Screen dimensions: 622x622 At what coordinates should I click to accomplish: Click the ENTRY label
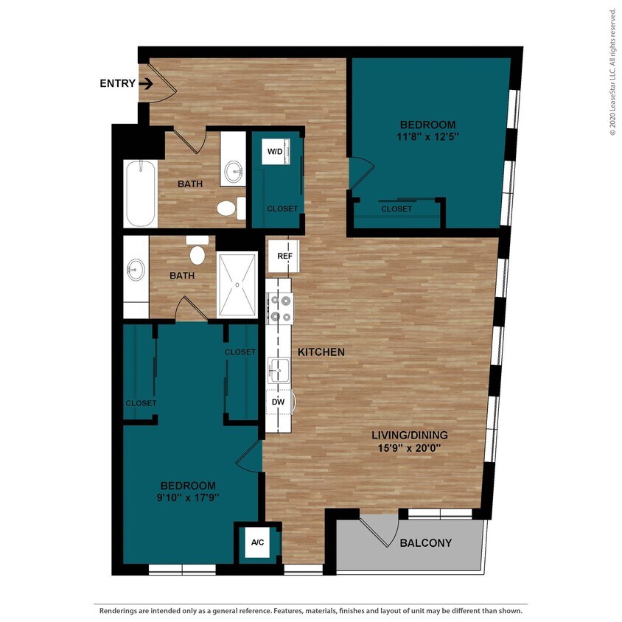(117, 84)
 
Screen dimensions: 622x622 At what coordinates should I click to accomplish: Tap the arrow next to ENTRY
(145, 84)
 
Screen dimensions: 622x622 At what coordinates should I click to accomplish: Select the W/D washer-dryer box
(275, 151)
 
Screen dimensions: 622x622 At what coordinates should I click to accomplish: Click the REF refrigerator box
(284, 256)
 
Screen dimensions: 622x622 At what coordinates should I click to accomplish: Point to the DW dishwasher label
(279, 402)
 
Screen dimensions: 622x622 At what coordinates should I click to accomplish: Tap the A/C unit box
(257, 542)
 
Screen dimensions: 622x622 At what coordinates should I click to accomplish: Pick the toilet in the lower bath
(197, 253)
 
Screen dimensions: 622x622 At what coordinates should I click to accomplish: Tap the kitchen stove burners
(279, 308)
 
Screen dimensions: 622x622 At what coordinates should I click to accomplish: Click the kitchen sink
(279, 369)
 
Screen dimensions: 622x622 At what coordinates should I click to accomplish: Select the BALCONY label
(425, 543)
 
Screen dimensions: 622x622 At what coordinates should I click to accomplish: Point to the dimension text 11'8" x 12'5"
(427, 136)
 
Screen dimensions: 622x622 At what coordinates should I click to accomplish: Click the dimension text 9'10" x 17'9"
(189, 497)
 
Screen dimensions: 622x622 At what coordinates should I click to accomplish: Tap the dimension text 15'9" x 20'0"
(409, 447)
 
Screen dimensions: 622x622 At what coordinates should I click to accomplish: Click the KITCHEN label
(321, 352)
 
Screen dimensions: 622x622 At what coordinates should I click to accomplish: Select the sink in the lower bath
(135, 269)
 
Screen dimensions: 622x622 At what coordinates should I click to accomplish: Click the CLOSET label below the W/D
(282, 209)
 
